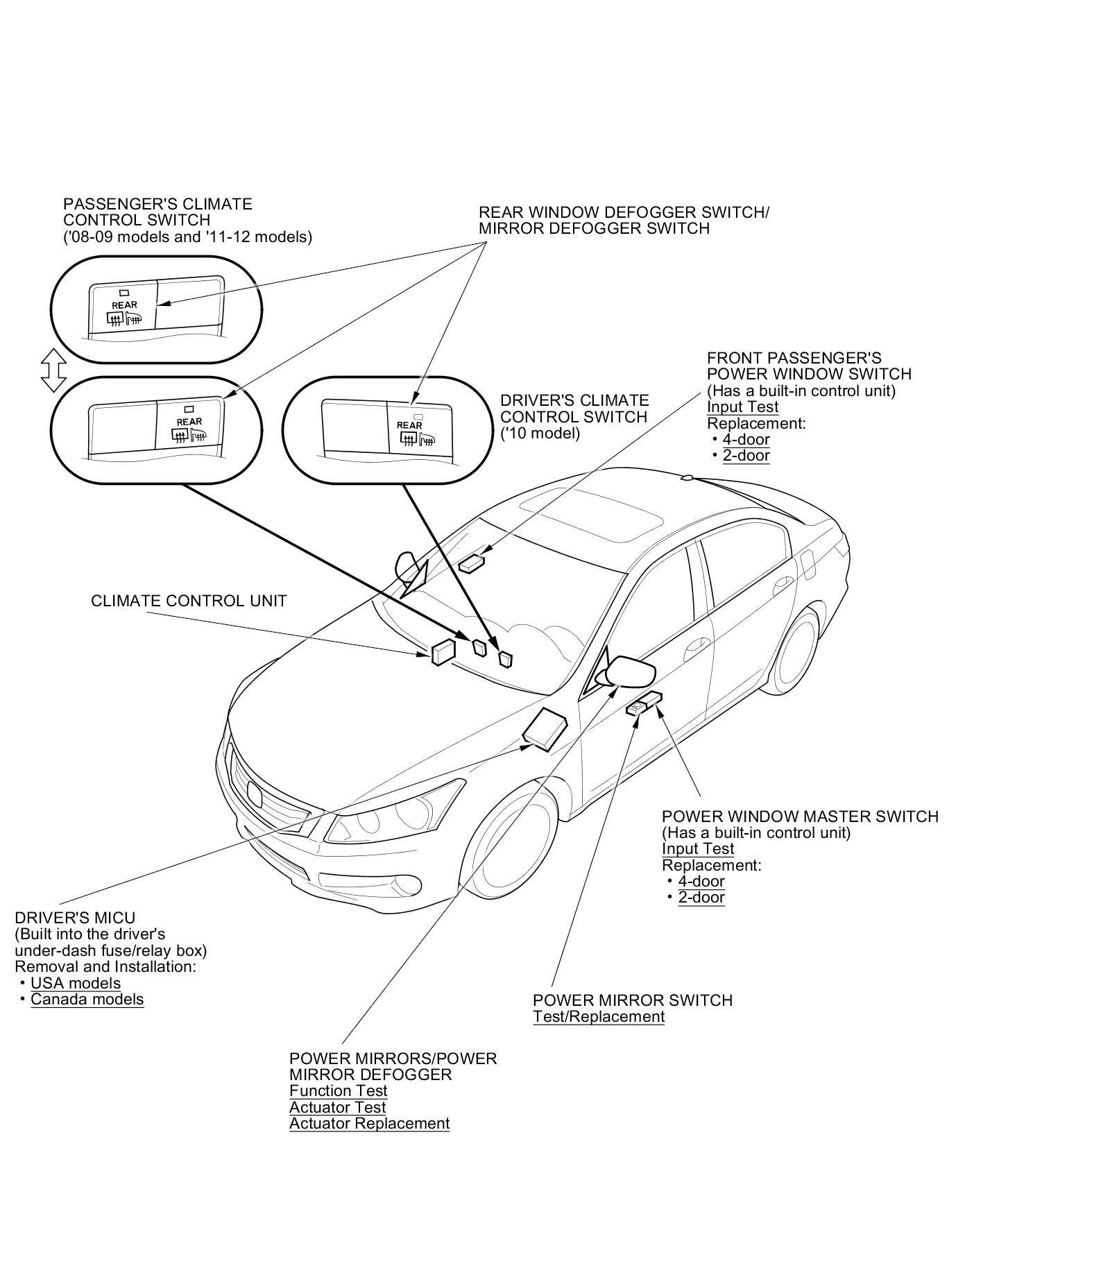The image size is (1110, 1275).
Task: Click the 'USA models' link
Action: point(76,983)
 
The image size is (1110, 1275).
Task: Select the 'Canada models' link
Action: point(87,999)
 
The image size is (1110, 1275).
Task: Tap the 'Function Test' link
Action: point(338,1090)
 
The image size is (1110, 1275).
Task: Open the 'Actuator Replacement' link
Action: point(369,1123)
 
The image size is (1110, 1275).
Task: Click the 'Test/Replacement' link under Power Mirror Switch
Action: point(599,1016)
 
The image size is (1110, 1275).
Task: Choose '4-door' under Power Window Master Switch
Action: point(701,881)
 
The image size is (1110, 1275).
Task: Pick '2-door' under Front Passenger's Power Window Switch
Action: point(746,455)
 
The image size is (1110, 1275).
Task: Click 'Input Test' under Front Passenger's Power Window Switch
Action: point(742,407)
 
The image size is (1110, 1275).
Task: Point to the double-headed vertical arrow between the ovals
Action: point(53,370)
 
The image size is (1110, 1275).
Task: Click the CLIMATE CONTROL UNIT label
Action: point(189,601)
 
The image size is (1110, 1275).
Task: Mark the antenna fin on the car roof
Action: point(687,477)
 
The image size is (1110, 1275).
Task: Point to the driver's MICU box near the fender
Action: point(546,729)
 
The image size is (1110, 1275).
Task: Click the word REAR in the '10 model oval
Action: point(409,425)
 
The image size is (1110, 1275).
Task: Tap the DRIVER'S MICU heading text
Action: point(65,918)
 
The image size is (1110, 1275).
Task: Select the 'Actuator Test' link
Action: point(337,1107)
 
